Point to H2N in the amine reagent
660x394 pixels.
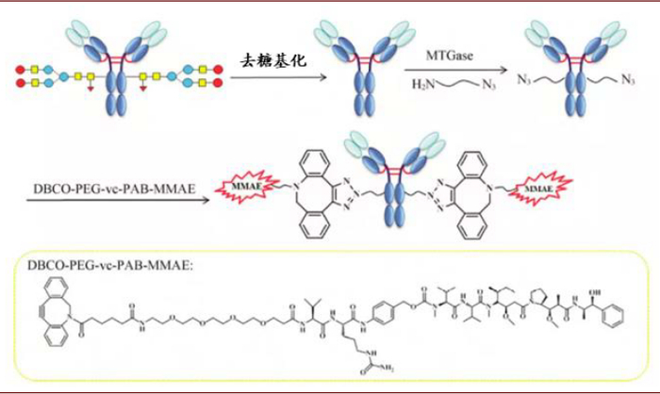click(x=421, y=85)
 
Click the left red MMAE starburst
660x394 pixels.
click(x=249, y=192)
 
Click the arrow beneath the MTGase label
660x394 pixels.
click(x=454, y=71)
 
